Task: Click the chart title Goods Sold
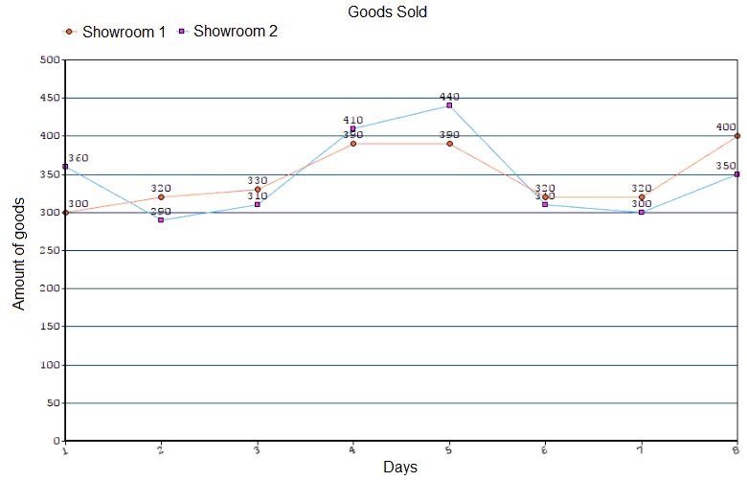387,12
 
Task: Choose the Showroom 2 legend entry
228,32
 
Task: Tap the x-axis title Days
399,468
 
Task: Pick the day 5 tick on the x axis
448,448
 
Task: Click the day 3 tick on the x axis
257,448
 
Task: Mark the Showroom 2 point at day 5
449,105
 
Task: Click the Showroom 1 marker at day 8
736,136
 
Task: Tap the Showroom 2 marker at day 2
161,219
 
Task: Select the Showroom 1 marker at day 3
258,190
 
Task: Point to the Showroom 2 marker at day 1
65,167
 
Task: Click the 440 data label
449,96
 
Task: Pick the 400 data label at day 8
725,126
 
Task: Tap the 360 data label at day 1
78,157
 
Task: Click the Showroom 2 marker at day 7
641,212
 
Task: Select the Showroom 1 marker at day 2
161,197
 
